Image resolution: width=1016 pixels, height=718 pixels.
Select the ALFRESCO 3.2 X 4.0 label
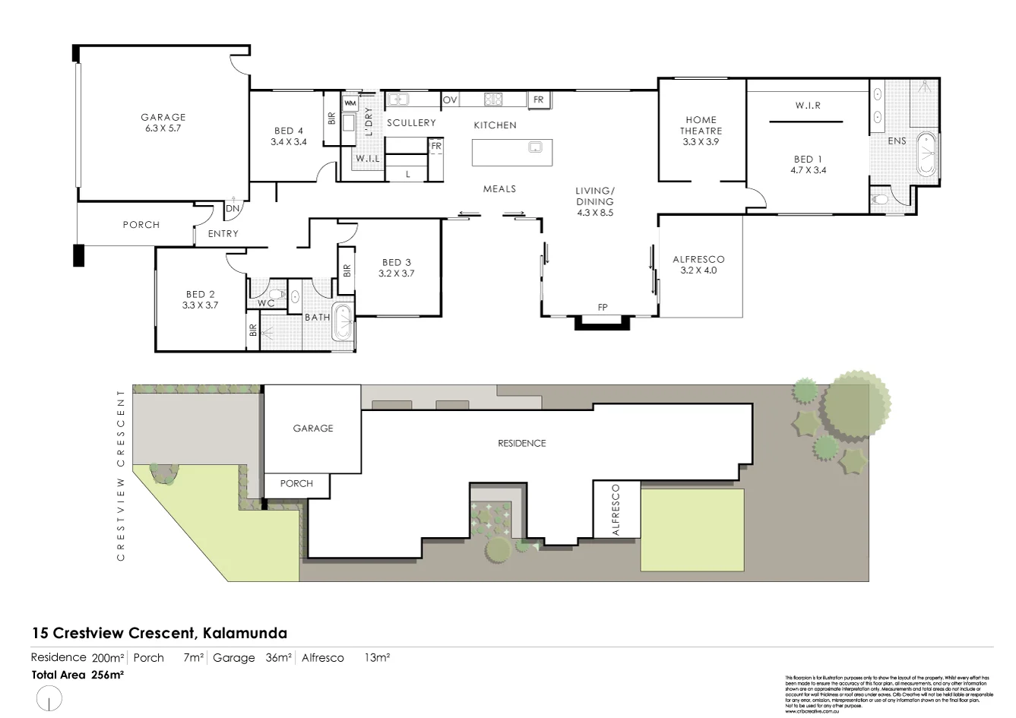pos(698,264)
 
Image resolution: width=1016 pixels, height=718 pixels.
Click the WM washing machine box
pos(350,103)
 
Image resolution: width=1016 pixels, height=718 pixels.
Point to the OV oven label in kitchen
pos(450,100)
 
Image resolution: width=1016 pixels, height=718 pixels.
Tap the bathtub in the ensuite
pos(926,155)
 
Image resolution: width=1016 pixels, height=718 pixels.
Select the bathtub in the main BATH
pos(344,321)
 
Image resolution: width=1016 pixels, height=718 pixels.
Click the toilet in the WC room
pos(277,294)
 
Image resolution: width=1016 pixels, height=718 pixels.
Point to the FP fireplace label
pos(603,308)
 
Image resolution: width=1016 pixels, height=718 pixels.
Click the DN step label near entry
pos(233,208)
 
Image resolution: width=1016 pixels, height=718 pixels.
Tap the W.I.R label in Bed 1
pos(808,106)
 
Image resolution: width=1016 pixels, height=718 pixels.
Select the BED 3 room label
pos(397,267)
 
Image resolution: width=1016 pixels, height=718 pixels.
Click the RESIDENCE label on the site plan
pos(521,443)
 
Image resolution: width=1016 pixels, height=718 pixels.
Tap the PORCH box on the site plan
pos(296,483)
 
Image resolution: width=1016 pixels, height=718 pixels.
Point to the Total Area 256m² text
pos(78,674)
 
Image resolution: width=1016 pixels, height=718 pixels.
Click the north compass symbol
pos(49,697)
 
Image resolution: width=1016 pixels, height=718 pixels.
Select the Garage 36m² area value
pos(252,658)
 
